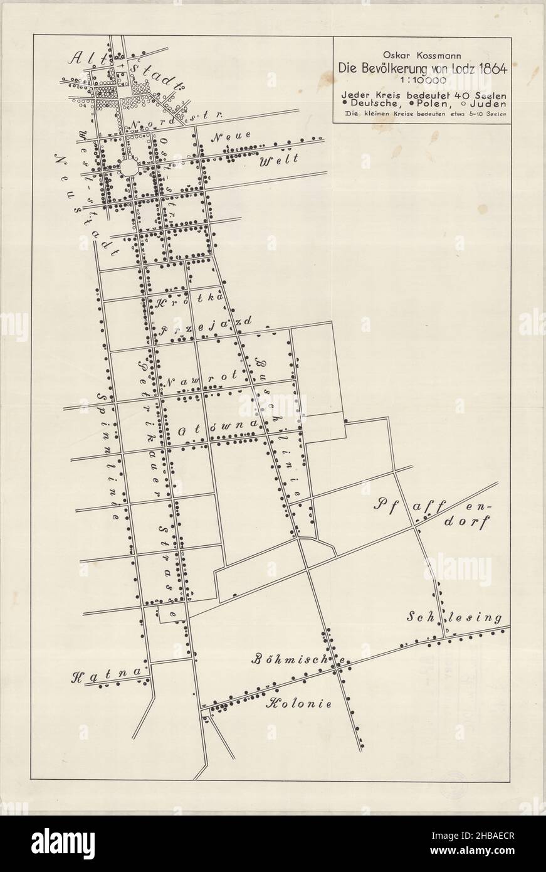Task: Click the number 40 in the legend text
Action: [437, 94]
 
